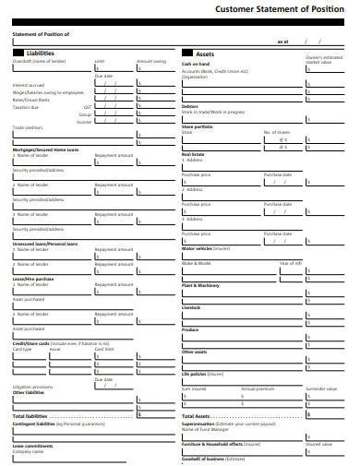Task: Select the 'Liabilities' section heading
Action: (x=40, y=54)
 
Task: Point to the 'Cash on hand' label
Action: (x=197, y=64)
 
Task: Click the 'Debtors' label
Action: (x=190, y=105)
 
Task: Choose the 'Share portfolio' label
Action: (x=197, y=125)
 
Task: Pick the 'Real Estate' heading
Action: (x=193, y=154)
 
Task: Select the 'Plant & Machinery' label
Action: (x=200, y=286)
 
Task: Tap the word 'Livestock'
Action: (x=191, y=307)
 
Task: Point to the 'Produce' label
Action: (x=190, y=329)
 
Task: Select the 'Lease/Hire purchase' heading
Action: (x=33, y=278)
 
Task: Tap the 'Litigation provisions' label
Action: (x=32, y=387)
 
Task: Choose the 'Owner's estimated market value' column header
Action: (x=318, y=61)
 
